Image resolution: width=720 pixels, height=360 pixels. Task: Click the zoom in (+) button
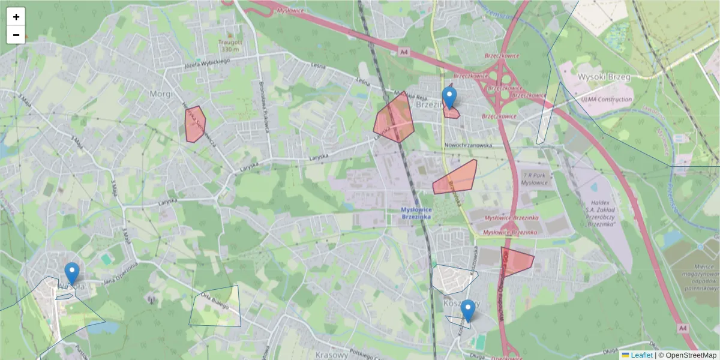click(16, 17)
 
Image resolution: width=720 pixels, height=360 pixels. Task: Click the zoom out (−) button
click(16, 35)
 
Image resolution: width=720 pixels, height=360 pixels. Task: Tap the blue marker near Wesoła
click(72, 274)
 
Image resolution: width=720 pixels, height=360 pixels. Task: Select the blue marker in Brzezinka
click(449, 98)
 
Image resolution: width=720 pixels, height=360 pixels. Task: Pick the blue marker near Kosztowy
click(468, 311)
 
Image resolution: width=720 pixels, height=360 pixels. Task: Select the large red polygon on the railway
click(394, 118)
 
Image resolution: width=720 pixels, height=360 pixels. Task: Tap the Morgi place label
click(161, 94)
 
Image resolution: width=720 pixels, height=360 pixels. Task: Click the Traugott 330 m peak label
click(230, 46)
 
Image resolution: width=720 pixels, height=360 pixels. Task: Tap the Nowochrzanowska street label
click(469, 145)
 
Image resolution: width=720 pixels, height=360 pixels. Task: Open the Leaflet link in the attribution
click(641, 355)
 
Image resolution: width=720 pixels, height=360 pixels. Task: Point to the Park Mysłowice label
click(536, 178)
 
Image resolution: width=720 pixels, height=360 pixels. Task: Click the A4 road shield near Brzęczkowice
click(404, 52)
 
